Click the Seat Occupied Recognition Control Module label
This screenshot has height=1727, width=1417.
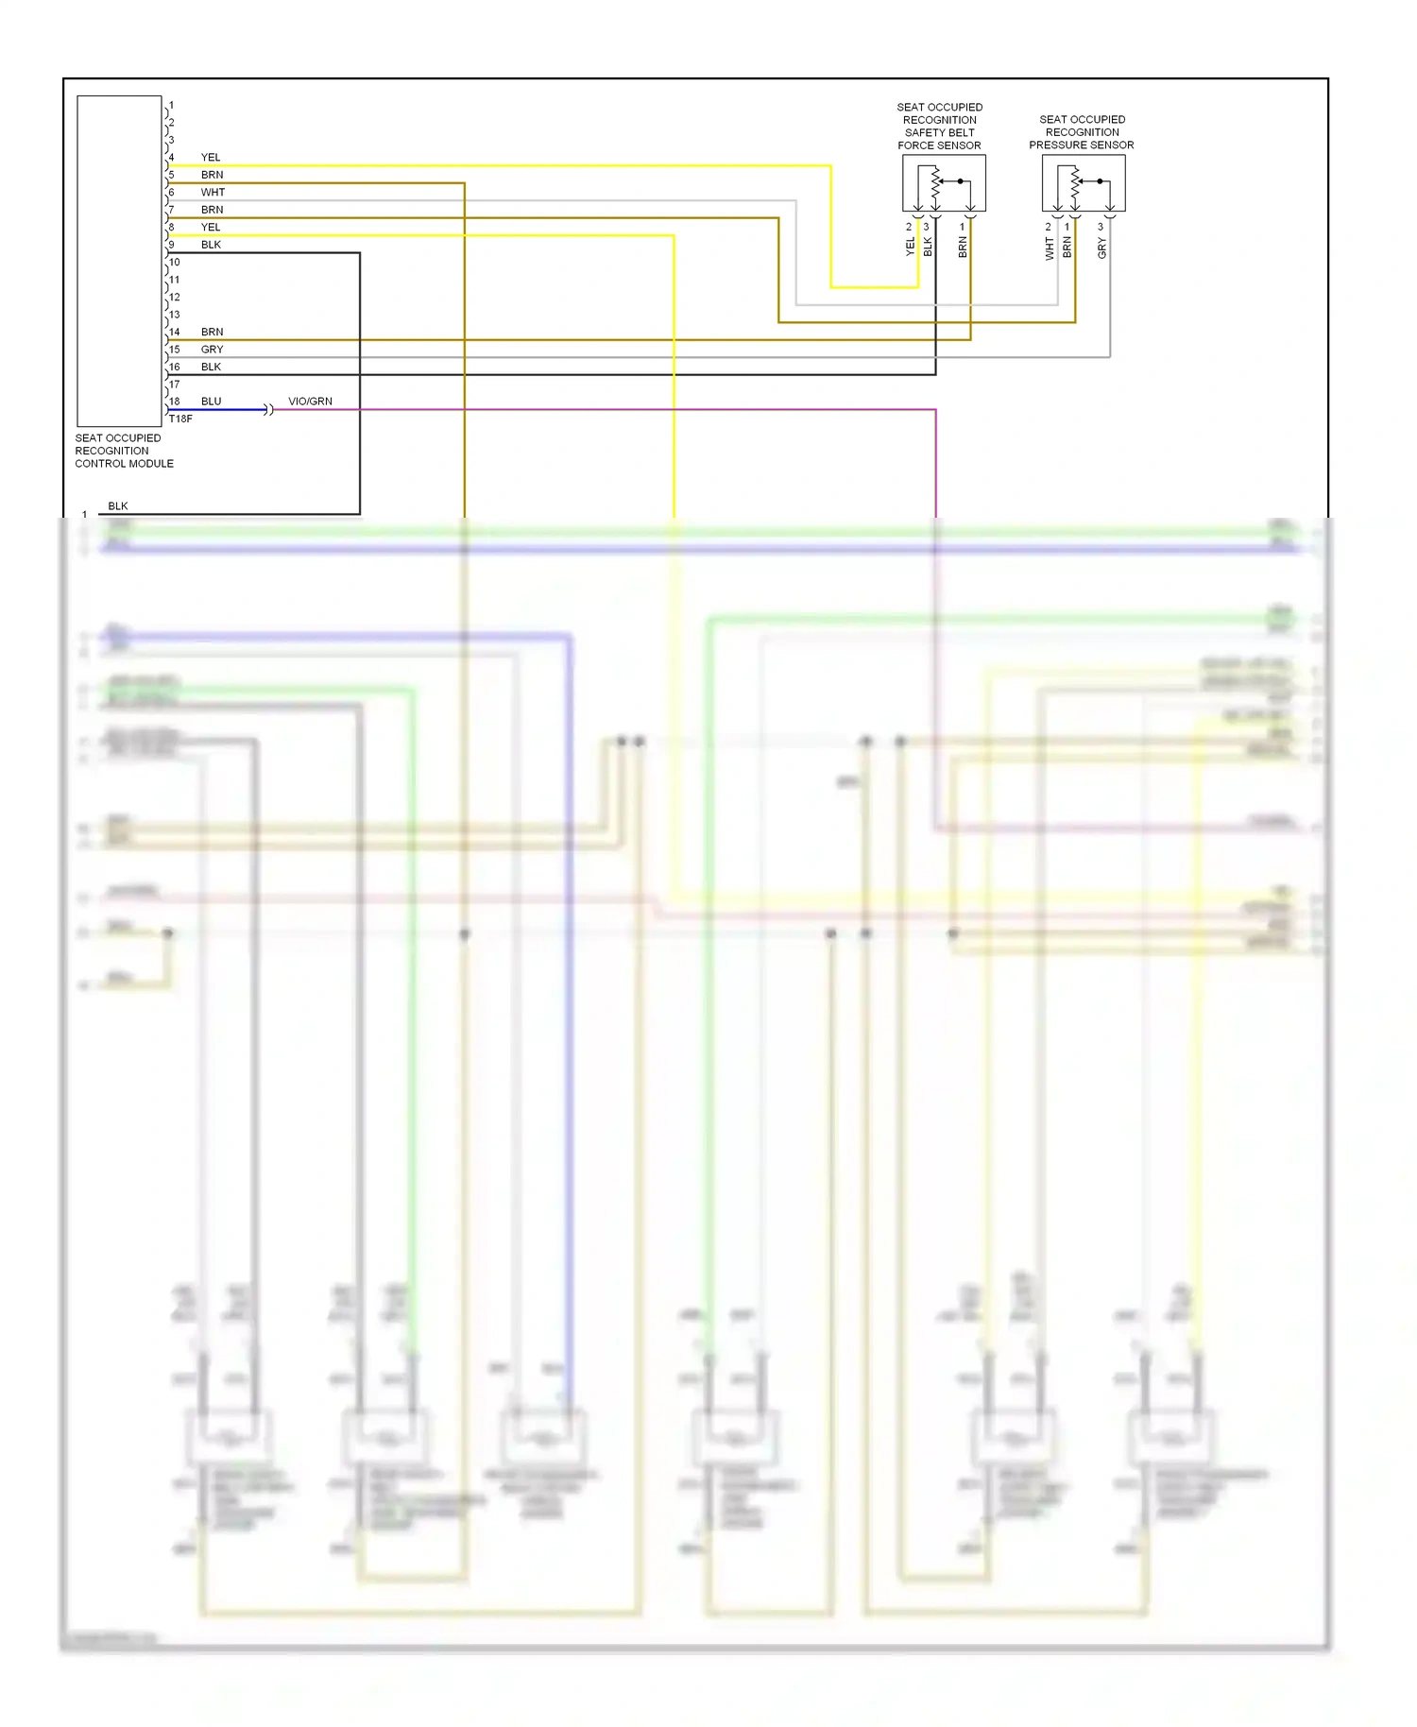pyautogui.click(x=124, y=451)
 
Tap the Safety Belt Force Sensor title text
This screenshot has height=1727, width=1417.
pyautogui.click(x=939, y=127)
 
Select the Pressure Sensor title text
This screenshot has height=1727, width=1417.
pyautogui.click(x=1082, y=132)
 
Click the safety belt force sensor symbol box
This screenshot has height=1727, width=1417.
pyautogui.click(x=944, y=183)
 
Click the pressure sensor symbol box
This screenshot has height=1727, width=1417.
pyautogui.click(x=1084, y=183)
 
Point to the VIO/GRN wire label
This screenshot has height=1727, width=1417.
pyautogui.click(x=310, y=402)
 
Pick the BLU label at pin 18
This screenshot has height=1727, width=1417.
pyautogui.click(x=211, y=402)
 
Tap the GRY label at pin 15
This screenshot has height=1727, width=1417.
pyautogui.click(x=212, y=350)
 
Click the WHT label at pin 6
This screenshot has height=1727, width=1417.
pyautogui.click(x=213, y=193)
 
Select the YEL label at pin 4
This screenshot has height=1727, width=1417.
pyautogui.click(x=210, y=158)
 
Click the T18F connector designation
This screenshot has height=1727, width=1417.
pyautogui.click(x=180, y=419)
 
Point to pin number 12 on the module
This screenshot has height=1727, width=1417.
pyautogui.click(x=174, y=298)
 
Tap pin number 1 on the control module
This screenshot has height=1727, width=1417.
pyautogui.click(x=171, y=106)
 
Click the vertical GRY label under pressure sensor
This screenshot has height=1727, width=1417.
pyautogui.click(x=1101, y=248)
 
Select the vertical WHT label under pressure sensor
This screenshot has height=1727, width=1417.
pyautogui.click(x=1049, y=248)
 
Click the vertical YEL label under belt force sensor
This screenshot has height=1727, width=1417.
pyautogui.click(x=910, y=247)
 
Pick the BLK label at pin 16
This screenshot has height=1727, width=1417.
pyautogui.click(x=211, y=368)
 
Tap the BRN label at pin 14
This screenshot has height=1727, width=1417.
pyautogui.click(x=212, y=333)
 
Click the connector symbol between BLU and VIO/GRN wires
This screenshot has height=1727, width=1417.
pyautogui.click(x=268, y=410)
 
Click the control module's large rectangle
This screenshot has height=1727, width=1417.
pyautogui.click(x=119, y=261)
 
